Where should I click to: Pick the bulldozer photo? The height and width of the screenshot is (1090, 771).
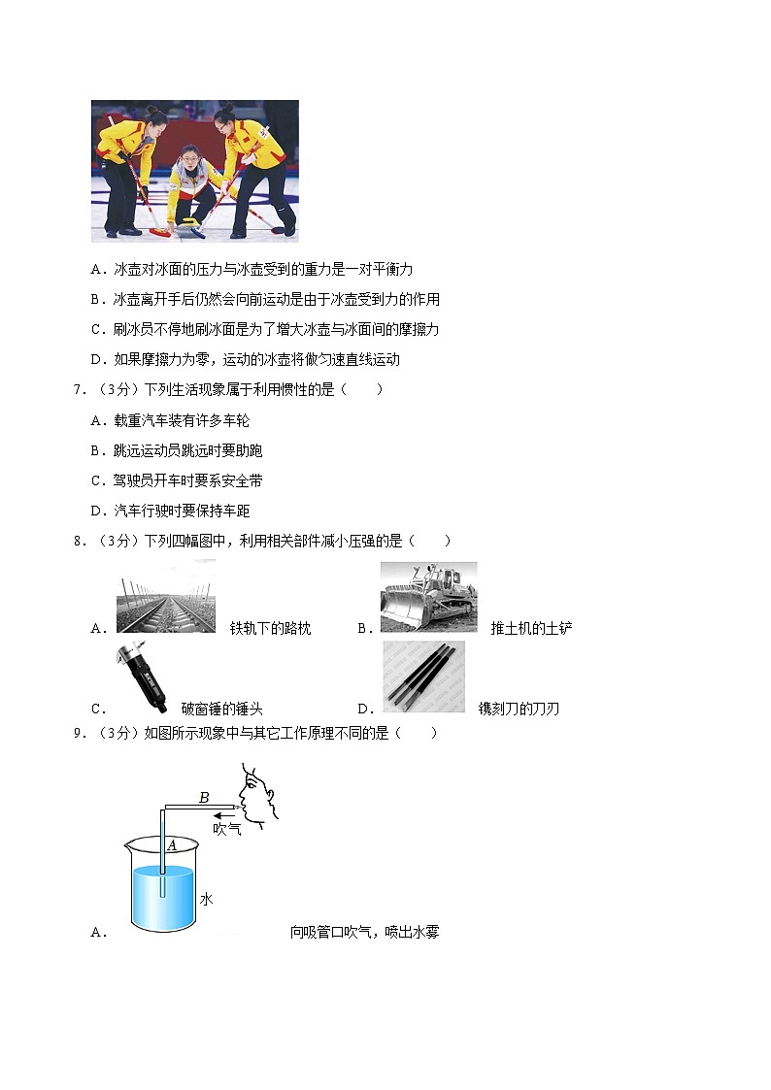coord(428,596)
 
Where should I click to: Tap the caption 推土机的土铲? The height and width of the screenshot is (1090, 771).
coord(531,628)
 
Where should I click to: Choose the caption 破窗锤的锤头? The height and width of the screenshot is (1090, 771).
coord(235,709)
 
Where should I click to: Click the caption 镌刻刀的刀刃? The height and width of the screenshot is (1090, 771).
coord(519,709)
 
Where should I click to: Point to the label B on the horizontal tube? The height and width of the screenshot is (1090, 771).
coord(204,798)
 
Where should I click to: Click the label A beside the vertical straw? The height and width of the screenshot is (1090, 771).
coord(171,844)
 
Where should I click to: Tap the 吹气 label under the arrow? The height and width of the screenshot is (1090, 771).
coord(227,829)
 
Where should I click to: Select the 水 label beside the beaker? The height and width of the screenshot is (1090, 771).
coord(206,899)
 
